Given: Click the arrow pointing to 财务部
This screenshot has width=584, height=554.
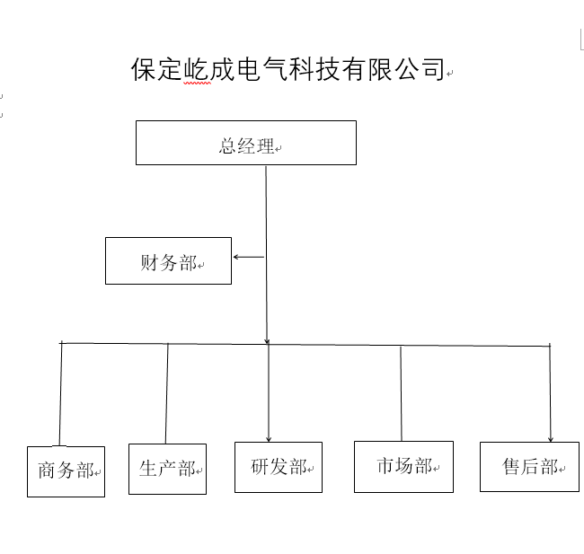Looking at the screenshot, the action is tap(249, 257).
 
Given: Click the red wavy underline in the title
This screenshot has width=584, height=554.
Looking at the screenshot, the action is tap(197, 84).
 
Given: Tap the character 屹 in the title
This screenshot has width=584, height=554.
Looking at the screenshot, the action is tap(196, 69).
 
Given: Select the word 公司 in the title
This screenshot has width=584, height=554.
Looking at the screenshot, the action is tap(420, 69).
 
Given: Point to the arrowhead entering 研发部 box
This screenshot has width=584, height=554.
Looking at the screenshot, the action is tap(269, 439).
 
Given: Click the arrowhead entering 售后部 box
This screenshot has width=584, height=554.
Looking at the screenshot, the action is tap(551, 439).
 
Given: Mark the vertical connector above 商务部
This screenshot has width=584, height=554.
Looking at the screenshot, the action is tap(60, 394).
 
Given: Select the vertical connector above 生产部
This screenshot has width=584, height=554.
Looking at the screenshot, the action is tap(167, 393).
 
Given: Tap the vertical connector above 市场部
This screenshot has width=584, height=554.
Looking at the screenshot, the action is tap(401, 393).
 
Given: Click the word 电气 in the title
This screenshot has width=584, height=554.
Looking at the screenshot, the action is tap(262, 69).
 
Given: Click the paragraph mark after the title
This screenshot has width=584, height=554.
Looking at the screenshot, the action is tap(449, 74).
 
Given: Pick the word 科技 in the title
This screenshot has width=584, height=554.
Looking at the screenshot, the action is tap(314, 69).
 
